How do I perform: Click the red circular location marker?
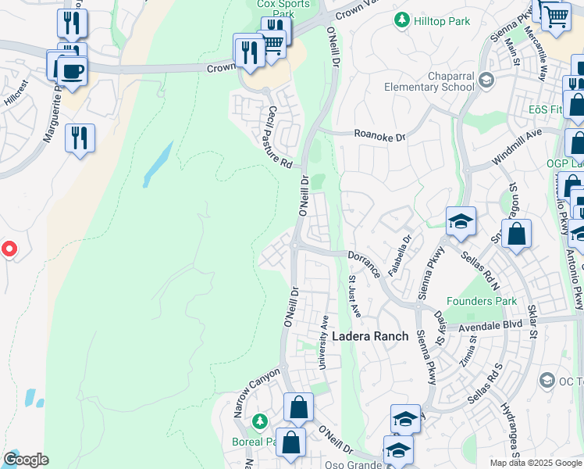(9, 249)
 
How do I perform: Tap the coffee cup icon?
(73, 71)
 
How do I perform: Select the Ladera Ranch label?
(370, 336)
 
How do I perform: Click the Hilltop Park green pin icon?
(403, 20)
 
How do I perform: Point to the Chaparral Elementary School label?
(451, 81)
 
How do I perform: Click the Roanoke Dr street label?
(380, 136)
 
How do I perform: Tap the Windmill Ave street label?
(516, 148)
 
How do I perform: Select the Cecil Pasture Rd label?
(279, 138)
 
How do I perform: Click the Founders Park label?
(482, 301)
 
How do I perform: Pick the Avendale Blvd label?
(490, 327)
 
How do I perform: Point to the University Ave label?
(322, 342)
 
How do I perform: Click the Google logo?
(25, 460)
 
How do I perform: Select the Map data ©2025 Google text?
(536, 463)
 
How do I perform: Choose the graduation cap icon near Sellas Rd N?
(461, 222)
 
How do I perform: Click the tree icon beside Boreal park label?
(260, 423)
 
